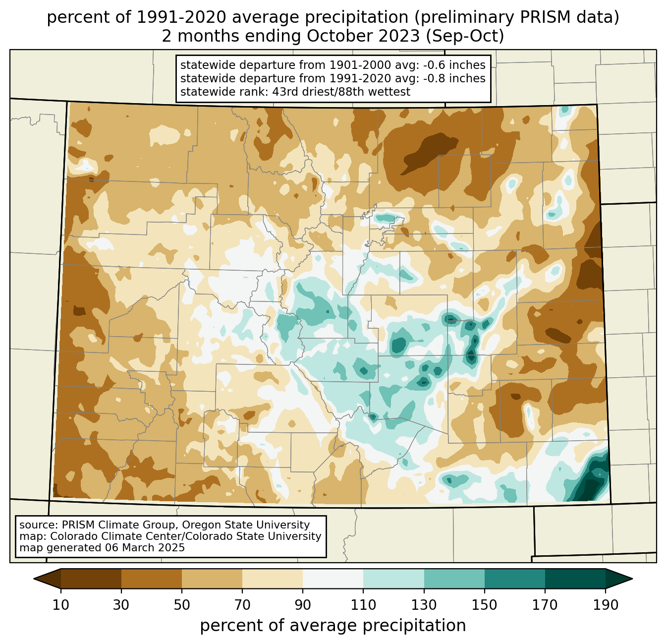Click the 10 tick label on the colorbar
60,605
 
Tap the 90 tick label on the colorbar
303,605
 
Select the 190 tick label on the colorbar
606,605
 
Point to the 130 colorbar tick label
424,605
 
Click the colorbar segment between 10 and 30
91,579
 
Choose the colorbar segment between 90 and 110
333,579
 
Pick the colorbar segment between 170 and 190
575,579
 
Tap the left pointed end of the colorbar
34,579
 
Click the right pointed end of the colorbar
632,579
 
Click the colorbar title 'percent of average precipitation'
333,626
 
